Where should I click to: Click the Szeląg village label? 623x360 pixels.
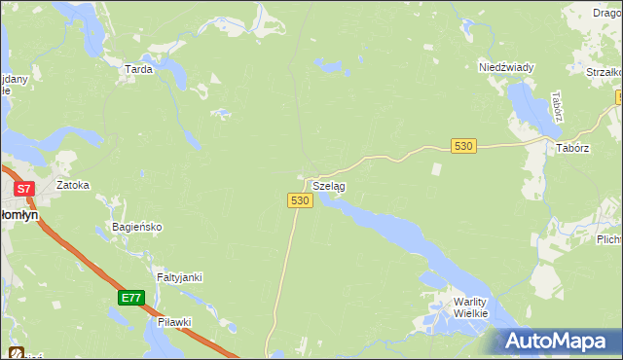pyautogui.click(x=328, y=185)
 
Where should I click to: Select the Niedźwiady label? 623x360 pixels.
pyautogui.click(x=506, y=67)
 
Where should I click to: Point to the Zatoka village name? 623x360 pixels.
pyautogui.click(x=73, y=184)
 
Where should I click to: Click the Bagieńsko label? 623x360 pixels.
pyautogui.click(x=134, y=227)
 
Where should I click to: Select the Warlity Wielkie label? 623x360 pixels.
pyautogui.click(x=476, y=308)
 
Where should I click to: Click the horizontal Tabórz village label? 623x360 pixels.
pyautogui.click(x=572, y=148)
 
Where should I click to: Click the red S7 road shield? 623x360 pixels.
pyautogui.click(x=24, y=188)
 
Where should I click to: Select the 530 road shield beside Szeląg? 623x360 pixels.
pyautogui.click(x=300, y=199)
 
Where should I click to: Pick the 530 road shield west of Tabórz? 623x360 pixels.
pyautogui.click(x=463, y=146)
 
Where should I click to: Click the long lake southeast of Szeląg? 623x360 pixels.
pyautogui.click(x=389, y=228)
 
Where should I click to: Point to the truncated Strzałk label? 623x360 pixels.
pyautogui.click(x=604, y=72)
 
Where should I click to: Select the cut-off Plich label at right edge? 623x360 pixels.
pyautogui.click(x=609, y=238)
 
